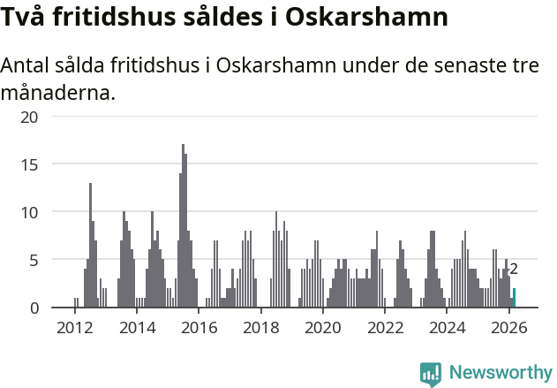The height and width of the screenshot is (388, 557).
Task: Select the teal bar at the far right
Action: click(x=514, y=298)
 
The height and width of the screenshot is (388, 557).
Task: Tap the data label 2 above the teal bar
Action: click(x=514, y=270)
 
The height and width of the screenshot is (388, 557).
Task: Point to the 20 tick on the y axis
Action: click(x=29, y=117)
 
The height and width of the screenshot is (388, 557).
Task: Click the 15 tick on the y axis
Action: click(x=29, y=164)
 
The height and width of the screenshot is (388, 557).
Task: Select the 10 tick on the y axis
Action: click(x=29, y=212)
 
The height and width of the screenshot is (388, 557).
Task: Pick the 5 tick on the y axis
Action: click(x=34, y=260)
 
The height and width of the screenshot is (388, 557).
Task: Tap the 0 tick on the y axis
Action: click(x=34, y=308)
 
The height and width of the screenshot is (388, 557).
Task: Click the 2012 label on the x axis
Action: click(x=74, y=328)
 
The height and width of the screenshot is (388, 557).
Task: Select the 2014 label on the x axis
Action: click(x=136, y=328)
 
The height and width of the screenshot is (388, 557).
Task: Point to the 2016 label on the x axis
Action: click(x=199, y=328)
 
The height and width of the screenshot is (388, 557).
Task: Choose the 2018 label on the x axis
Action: click(x=260, y=328)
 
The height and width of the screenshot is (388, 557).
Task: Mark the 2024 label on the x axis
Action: click(x=448, y=328)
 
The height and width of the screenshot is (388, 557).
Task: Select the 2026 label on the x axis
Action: click(x=509, y=328)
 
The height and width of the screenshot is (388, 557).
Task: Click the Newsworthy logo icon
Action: click(x=431, y=373)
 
